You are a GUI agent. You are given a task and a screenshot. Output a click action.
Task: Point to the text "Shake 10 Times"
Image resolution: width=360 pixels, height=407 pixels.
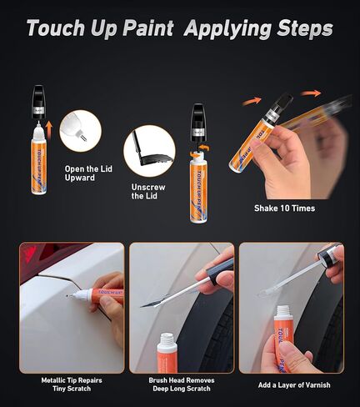(x=284, y=208)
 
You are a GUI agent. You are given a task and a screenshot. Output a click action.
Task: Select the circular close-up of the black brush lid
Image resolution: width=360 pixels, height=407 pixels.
(x=149, y=150)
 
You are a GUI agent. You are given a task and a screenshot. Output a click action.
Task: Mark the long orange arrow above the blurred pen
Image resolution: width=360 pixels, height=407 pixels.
(x=312, y=93)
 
